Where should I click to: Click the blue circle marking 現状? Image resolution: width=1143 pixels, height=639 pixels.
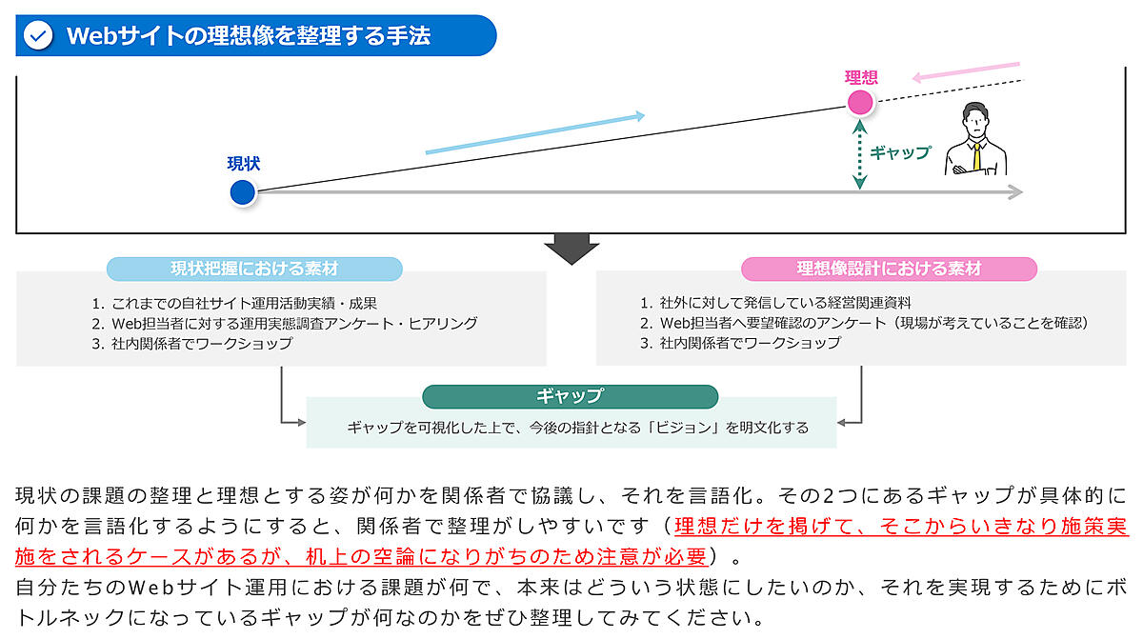click(x=243, y=192)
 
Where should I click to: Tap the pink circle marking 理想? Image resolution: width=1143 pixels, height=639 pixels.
click(x=860, y=102)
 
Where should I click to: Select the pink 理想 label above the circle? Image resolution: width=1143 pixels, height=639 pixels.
click(x=860, y=77)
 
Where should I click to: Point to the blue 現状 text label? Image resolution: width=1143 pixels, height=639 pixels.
click(x=243, y=163)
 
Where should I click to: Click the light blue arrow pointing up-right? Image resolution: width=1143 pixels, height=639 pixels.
click(x=534, y=133)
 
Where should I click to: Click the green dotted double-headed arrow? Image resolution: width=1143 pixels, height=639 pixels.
click(x=860, y=153)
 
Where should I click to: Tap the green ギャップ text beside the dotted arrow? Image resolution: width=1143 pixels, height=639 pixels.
click(x=900, y=152)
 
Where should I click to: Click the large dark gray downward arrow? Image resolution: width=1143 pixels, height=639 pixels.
click(x=571, y=249)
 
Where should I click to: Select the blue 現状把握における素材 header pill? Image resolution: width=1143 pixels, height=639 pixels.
click(x=253, y=269)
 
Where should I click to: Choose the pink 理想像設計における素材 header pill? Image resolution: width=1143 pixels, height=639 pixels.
click(x=889, y=269)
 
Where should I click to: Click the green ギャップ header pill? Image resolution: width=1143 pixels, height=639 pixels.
click(x=570, y=396)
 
